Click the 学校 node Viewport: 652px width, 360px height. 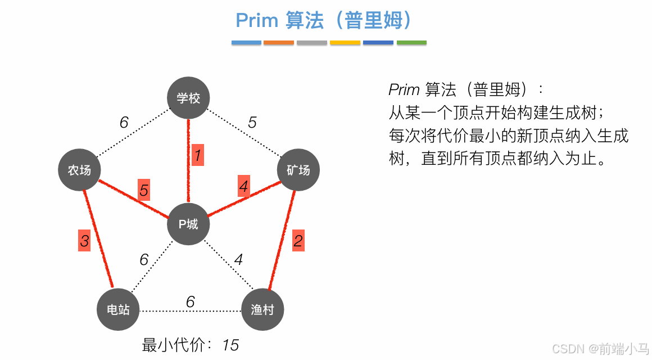click(x=188, y=98)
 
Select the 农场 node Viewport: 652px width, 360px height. click(x=79, y=170)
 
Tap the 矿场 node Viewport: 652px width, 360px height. click(x=298, y=170)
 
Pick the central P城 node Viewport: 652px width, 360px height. click(x=188, y=224)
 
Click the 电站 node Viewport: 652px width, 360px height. click(x=118, y=309)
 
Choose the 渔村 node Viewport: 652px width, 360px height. click(x=262, y=309)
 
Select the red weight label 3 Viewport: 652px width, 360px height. click(x=84, y=241)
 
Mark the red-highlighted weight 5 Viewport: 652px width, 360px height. click(x=144, y=191)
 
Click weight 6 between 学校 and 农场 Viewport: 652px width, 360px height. click(x=124, y=122)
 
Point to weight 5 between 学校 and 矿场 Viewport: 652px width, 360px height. click(x=252, y=122)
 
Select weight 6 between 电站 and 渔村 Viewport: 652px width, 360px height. click(x=190, y=302)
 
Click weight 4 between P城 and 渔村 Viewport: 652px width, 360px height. click(x=238, y=259)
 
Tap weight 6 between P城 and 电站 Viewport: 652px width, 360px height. click(x=144, y=259)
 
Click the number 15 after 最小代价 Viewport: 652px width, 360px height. click(x=230, y=345)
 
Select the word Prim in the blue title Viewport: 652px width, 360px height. click(x=257, y=21)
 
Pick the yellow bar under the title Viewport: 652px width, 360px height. click(x=345, y=42)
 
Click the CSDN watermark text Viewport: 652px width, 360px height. click(x=568, y=348)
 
